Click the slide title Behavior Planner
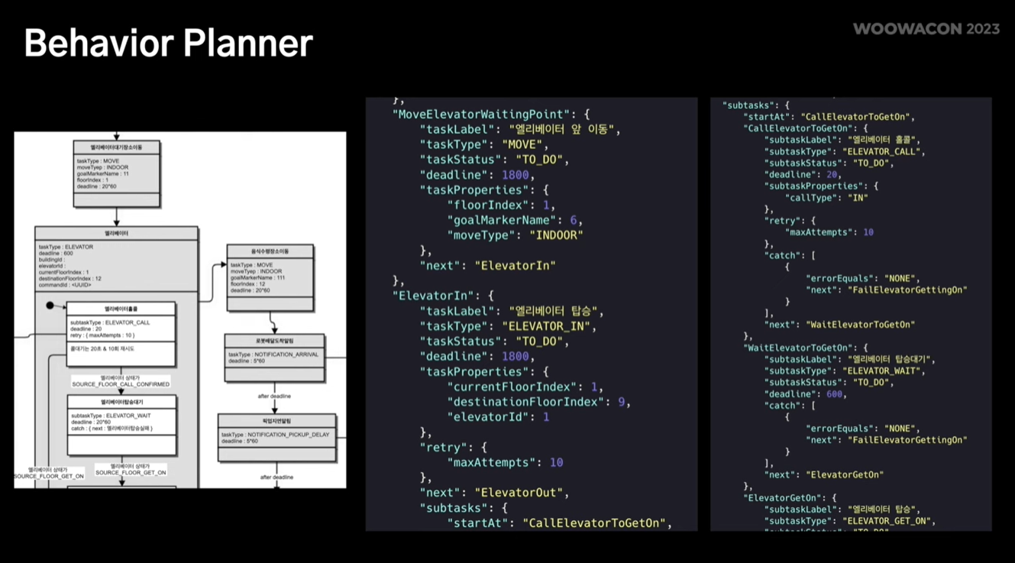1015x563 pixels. pyautogui.click(x=168, y=43)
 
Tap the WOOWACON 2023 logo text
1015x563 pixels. pyautogui.click(x=926, y=29)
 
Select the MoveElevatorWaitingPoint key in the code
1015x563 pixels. pyautogui.click(x=481, y=114)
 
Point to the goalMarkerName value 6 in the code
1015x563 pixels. pyautogui.click(x=574, y=220)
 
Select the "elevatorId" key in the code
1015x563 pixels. pyautogui.click(x=490, y=417)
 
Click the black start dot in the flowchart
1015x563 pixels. pyautogui.click(x=50, y=306)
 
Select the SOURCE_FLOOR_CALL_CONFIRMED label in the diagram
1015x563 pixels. pyautogui.click(x=121, y=384)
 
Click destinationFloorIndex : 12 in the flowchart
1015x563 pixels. pyautogui.click(x=69, y=279)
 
